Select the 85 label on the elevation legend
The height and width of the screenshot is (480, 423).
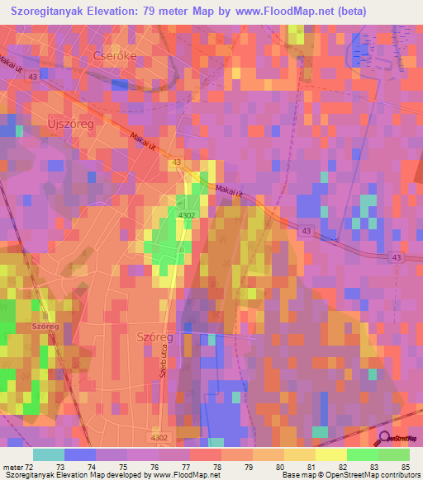click(x=404, y=467)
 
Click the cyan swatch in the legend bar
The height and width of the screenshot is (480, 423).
click(x=48, y=454)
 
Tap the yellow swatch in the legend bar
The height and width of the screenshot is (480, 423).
click(x=330, y=454)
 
